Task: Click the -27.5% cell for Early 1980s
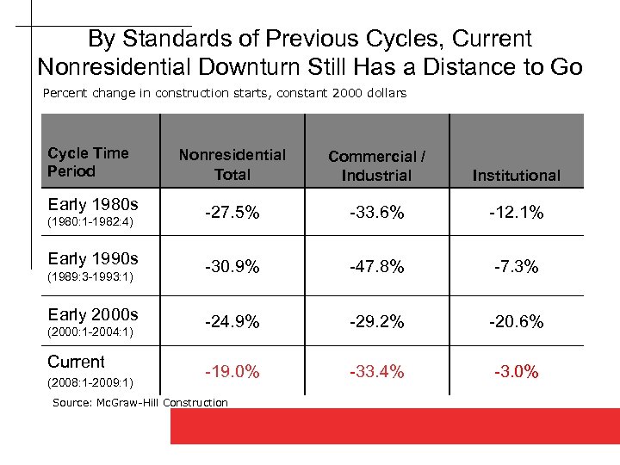tap(232, 213)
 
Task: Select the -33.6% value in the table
tap(376, 213)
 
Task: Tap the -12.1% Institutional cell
tap(516, 213)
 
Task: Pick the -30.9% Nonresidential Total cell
tap(232, 267)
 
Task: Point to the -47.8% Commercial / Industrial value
tap(376, 267)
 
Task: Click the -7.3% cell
tap(516, 267)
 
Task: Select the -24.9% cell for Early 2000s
tap(232, 321)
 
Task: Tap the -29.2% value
tap(376, 321)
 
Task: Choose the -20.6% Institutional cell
tap(516, 321)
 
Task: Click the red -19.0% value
tap(232, 372)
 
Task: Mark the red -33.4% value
tap(376, 372)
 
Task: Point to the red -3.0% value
tap(516, 372)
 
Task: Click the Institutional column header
tap(516, 176)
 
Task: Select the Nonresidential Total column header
tap(232, 164)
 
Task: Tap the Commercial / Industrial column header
tap(376, 165)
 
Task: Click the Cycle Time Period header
tap(88, 162)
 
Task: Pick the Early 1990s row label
tap(92, 258)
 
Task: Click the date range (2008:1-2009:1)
tap(90, 381)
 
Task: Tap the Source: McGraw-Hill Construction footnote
tap(140, 402)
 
